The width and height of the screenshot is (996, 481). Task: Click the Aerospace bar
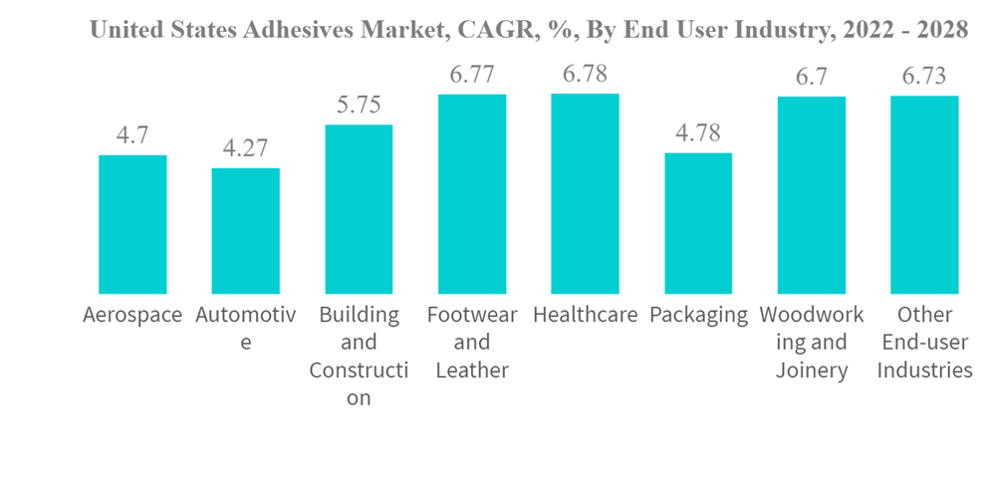[132, 224]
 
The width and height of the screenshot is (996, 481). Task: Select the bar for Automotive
[245, 231]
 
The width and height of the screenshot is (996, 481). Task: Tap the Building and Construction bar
[359, 209]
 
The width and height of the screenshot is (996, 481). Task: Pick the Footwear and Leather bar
[472, 194]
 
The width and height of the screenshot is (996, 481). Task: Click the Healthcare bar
[585, 194]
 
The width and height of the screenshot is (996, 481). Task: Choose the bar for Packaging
[698, 223]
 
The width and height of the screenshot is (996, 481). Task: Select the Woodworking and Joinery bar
[812, 195]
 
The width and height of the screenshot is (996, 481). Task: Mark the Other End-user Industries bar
[924, 195]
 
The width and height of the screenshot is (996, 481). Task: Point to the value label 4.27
[245, 148]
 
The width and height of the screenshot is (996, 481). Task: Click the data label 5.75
[359, 106]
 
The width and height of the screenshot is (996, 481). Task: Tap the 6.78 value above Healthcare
[585, 75]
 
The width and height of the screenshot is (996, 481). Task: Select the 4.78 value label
[698, 133]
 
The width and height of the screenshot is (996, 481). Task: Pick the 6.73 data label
[924, 77]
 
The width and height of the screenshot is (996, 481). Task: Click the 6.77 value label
[472, 75]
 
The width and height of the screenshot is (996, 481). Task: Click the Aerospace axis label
[132, 315]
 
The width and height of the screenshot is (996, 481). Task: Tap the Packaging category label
[698, 315]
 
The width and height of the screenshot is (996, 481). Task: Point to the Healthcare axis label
[585, 315]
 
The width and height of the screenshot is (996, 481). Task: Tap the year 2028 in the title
[941, 30]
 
